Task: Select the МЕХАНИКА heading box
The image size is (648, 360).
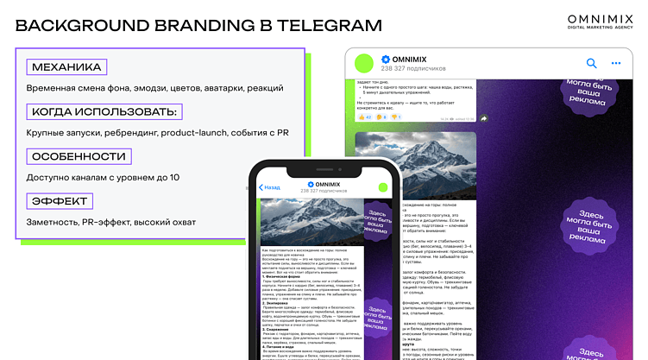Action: (66, 67)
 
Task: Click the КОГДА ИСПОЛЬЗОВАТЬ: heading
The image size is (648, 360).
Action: (104, 112)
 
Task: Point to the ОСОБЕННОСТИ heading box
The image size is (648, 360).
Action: (79, 157)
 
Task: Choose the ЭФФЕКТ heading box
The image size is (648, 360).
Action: (60, 202)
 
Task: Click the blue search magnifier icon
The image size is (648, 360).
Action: (591, 63)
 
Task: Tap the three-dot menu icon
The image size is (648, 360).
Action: (616, 63)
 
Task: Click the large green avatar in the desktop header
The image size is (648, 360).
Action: (363, 63)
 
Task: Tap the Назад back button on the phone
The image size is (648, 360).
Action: (269, 186)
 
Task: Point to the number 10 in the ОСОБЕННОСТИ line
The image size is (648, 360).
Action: (174, 178)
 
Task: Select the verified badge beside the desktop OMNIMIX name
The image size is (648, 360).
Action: (385, 58)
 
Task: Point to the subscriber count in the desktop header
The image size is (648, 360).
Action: (413, 68)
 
